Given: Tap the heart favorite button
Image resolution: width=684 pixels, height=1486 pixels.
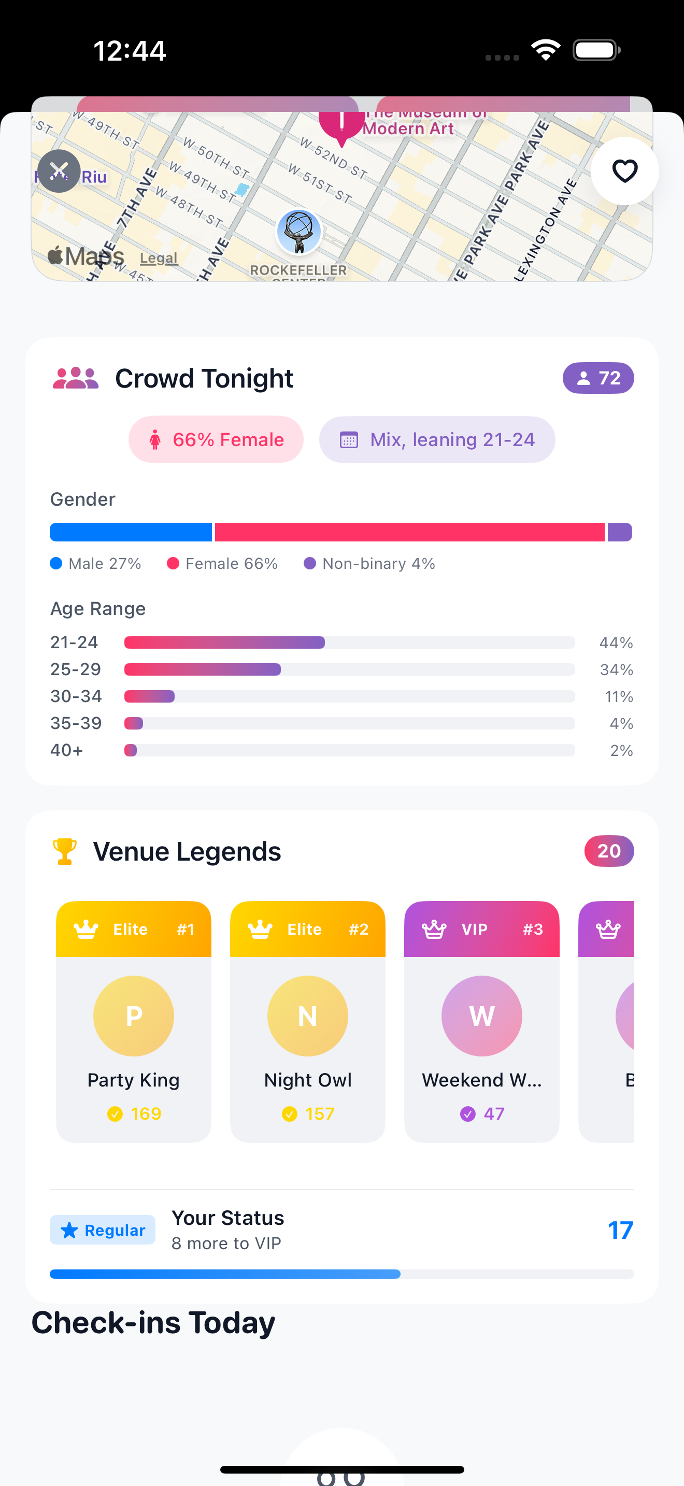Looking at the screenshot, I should pyautogui.click(x=624, y=171).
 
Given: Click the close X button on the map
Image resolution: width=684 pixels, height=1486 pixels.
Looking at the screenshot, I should pyautogui.click(x=59, y=171).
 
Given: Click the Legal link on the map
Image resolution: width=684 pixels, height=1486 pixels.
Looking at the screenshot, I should pyautogui.click(x=159, y=258).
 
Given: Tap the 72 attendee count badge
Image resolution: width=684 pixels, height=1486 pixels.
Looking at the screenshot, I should pyautogui.click(x=598, y=378).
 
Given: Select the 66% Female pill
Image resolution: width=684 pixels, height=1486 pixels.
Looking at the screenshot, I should pyautogui.click(x=216, y=439).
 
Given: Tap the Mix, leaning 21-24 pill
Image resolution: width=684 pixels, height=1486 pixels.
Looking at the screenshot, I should pyautogui.click(x=437, y=439).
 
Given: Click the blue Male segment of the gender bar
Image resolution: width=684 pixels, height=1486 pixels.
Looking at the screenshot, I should pyautogui.click(x=131, y=532).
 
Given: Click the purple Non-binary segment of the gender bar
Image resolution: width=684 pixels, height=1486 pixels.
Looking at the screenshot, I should pyautogui.click(x=619, y=532).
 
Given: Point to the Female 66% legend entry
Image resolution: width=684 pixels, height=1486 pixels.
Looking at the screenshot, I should pyautogui.click(x=223, y=564).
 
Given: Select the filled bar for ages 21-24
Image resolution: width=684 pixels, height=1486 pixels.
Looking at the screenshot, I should pyautogui.click(x=224, y=642).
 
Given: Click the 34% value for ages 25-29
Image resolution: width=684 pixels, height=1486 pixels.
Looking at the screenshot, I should pyautogui.click(x=616, y=670).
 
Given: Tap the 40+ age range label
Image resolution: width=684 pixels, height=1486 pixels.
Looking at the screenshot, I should pyautogui.click(x=67, y=750).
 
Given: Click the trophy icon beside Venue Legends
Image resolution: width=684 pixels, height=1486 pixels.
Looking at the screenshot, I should pyautogui.click(x=65, y=851).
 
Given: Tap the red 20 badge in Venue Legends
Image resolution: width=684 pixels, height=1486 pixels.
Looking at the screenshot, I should pyautogui.click(x=609, y=851).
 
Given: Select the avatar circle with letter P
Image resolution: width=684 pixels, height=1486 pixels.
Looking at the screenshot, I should pyautogui.click(x=134, y=1016).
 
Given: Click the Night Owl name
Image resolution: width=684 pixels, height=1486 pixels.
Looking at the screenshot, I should pyautogui.click(x=308, y=1080).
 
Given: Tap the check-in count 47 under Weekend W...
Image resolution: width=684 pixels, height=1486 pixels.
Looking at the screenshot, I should pyautogui.click(x=493, y=1113).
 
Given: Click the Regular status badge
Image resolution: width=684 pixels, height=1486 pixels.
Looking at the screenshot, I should pyautogui.click(x=103, y=1230).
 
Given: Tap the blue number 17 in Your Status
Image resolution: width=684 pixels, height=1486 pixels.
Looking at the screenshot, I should pyautogui.click(x=620, y=1230).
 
